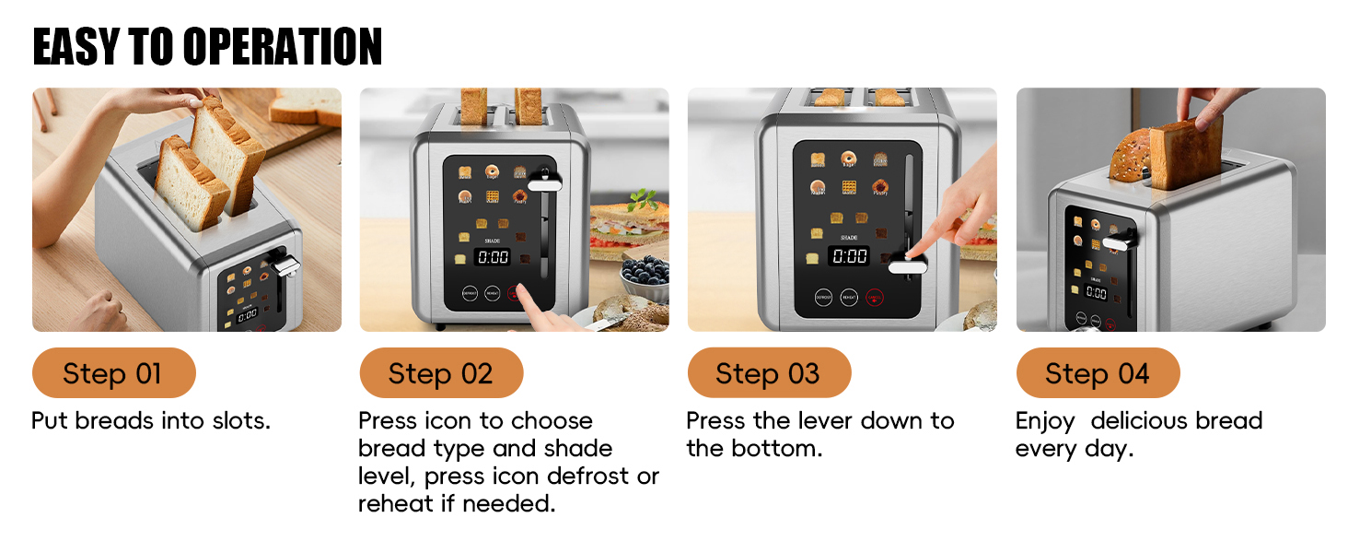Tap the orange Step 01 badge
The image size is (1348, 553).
click(x=113, y=373)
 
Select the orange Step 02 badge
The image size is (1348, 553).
click(x=441, y=373)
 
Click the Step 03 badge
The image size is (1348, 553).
click(x=769, y=373)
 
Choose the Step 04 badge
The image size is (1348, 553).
click(x=1098, y=373)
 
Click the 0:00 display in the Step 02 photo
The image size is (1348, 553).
click(x=493, y=257)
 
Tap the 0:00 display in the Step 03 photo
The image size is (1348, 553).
click(x=849, y=255)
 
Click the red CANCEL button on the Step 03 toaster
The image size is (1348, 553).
click(x=874, y=298)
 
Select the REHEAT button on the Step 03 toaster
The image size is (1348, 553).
click(x=848, y=298)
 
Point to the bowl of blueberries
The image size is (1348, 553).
click(x=645, y=272)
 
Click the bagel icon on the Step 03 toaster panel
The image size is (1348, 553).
click(x=848, y=159)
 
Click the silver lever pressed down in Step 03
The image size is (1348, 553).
click(x=907, y=266)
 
